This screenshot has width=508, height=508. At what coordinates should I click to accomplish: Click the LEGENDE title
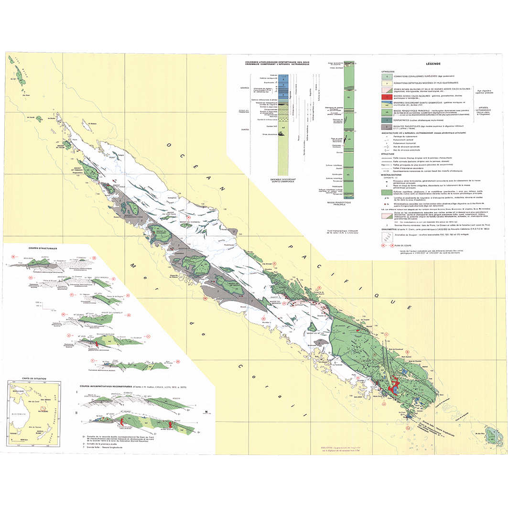click(x=433, y=64)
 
